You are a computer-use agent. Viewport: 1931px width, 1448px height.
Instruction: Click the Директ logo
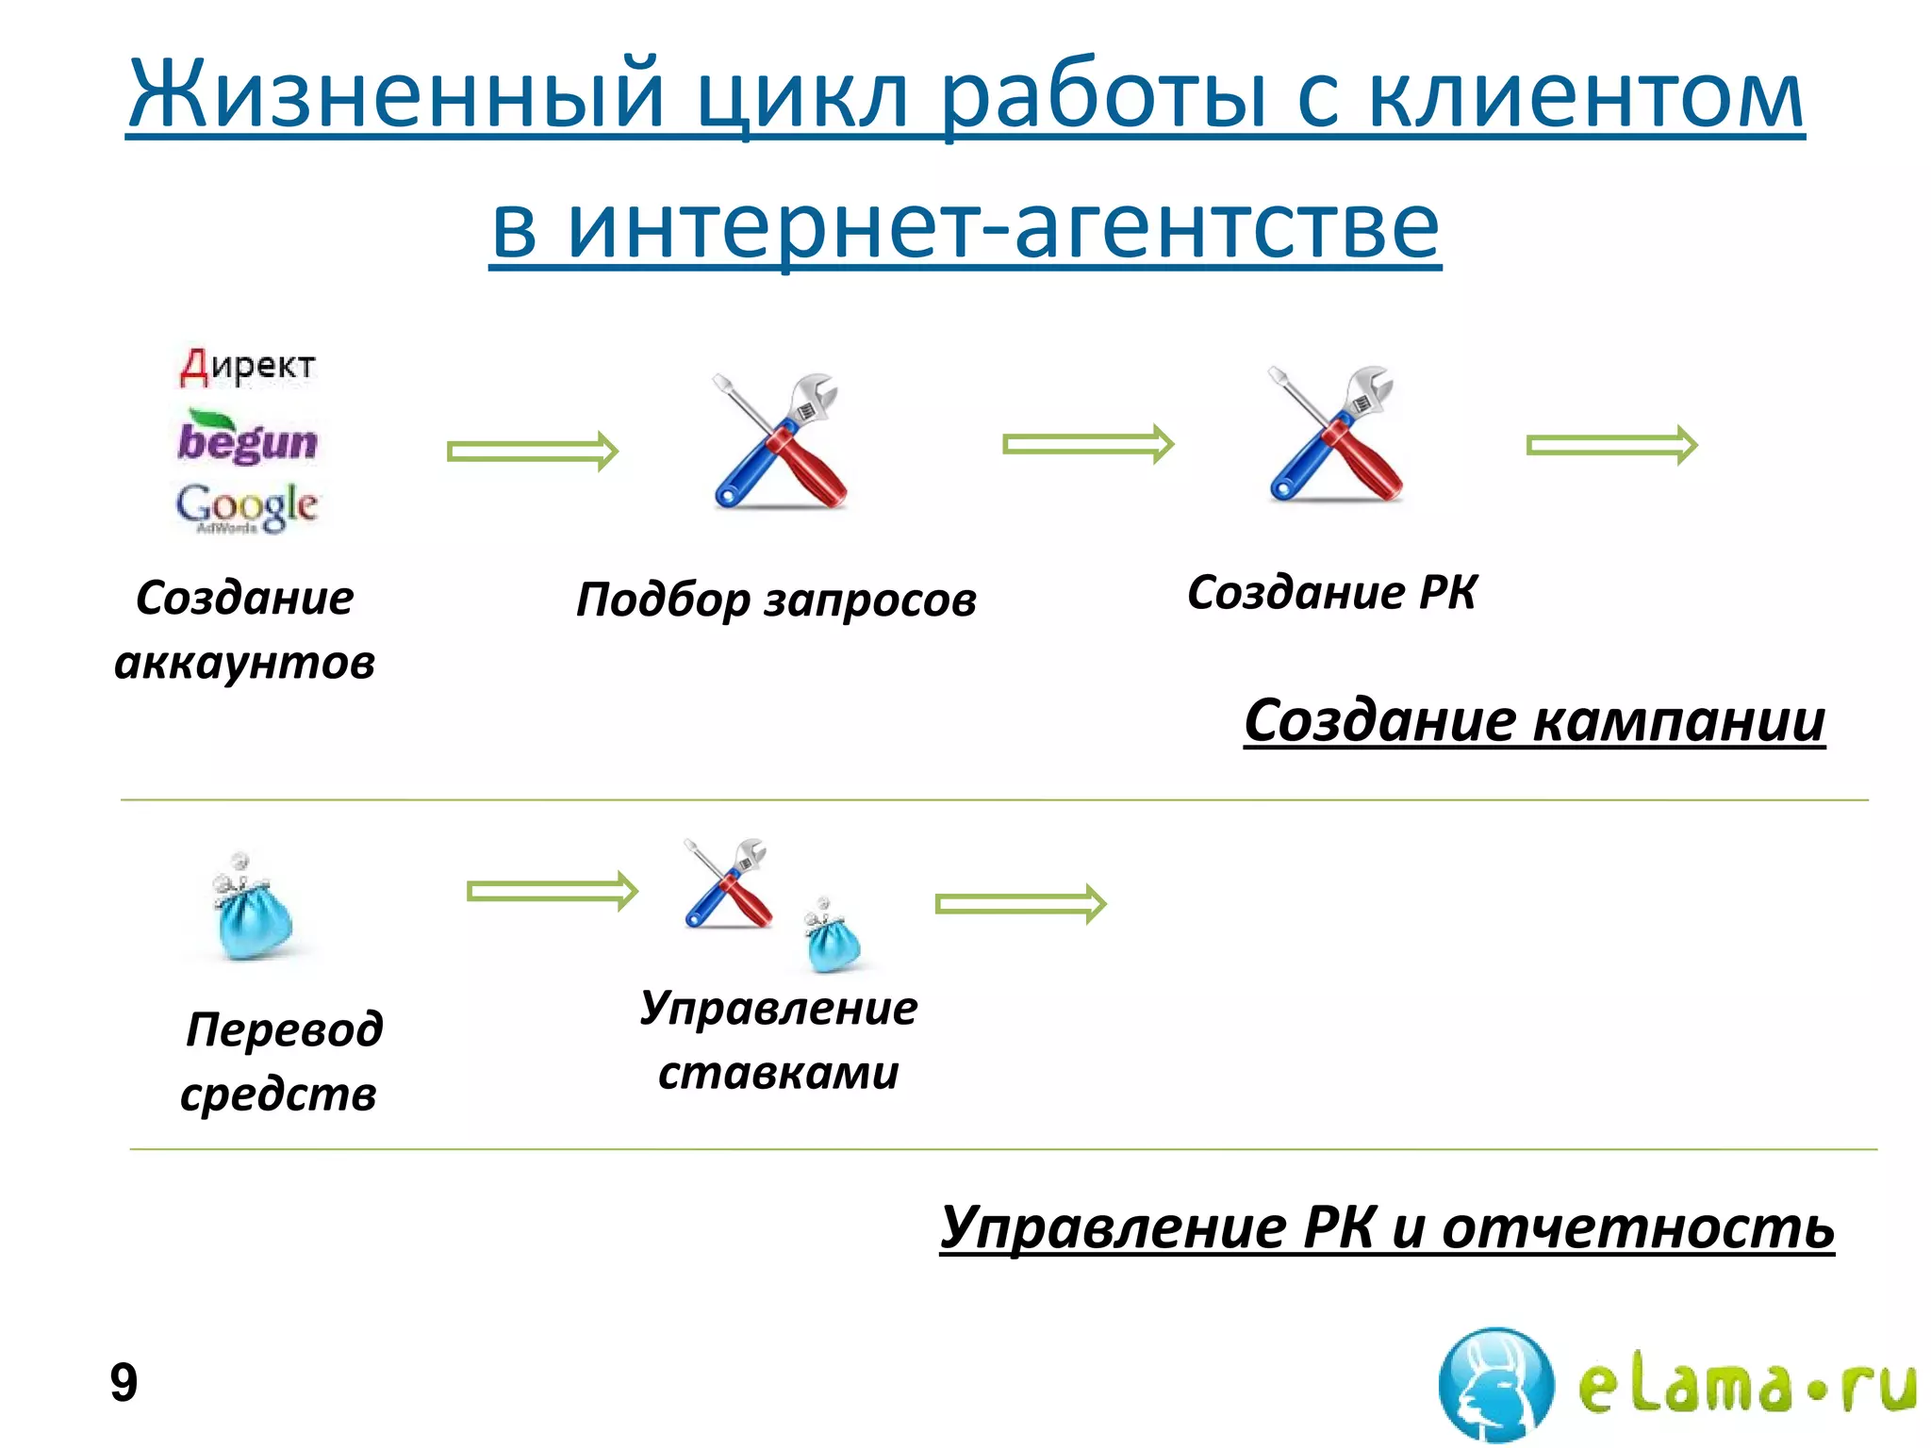(247, 366)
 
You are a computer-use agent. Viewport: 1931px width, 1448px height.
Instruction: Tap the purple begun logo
(247, 439)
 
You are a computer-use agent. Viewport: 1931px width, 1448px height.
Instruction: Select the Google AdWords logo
(247, 508)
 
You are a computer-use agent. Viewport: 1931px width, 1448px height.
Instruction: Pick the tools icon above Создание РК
(1334, 434)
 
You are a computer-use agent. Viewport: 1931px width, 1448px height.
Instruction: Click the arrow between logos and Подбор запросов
(533, 452)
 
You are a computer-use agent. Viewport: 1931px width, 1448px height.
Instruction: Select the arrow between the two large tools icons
(1088, 444)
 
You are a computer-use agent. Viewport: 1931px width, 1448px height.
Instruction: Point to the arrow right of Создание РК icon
(1611, 445)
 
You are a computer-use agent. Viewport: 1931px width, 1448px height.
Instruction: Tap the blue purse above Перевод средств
(252, 909)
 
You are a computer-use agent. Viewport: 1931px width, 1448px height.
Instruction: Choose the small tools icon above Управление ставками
(728, 883)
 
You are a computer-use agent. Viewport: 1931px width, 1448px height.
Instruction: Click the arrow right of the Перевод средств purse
(553, 891)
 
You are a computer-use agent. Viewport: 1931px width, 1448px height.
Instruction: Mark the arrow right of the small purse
(1020, 904)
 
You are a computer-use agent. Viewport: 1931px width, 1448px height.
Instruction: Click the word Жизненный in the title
(396, 95)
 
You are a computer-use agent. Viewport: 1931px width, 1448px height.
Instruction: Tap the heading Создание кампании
(1534, 721)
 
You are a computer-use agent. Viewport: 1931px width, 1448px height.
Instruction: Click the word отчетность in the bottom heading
(1638, 1227)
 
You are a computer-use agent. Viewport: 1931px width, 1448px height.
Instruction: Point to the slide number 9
(124, 1383)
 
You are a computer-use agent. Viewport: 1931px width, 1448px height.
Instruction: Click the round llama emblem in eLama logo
(1495, 1384)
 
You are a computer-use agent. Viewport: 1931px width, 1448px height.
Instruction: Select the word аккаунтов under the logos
(244, 662)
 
